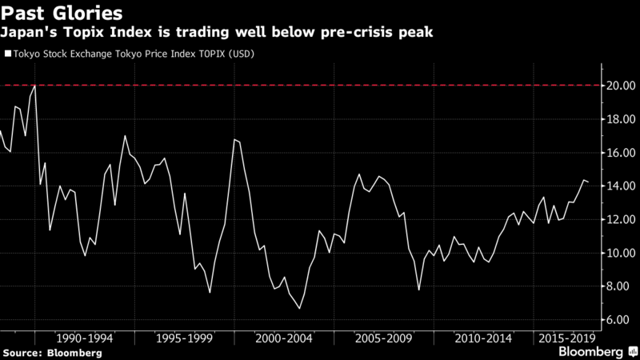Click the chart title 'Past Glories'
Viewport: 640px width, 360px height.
tap(62, 14)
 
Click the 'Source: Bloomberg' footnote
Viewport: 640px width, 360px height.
tap(52, 353)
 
